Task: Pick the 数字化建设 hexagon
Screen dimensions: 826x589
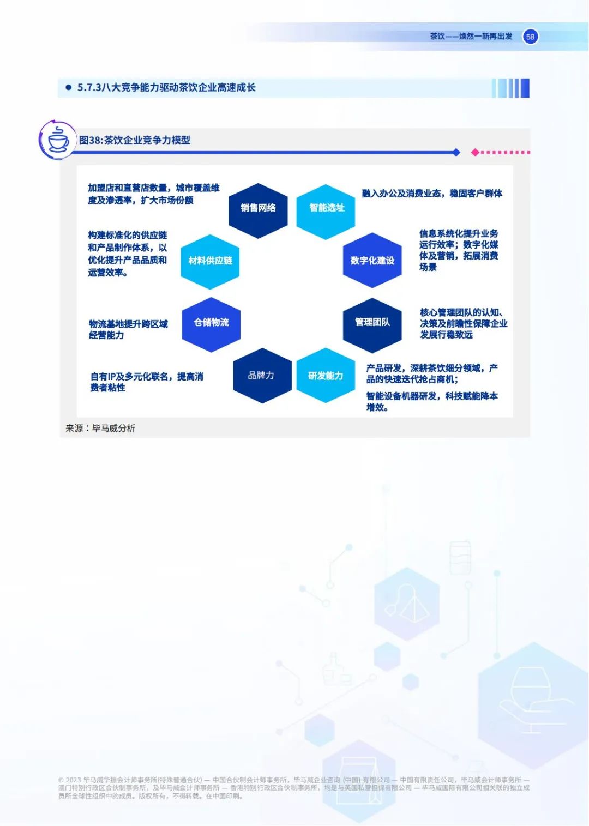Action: coord(372,261)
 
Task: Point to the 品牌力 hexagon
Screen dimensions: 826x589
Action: coord(262,376)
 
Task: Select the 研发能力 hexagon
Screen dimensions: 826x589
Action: coord(326,376)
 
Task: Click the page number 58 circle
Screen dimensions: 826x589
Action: coord(530,37)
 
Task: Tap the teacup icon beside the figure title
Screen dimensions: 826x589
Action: coord(58,140)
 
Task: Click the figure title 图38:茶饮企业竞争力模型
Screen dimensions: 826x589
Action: coord(135,140)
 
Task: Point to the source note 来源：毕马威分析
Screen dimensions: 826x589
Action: coord(100,429)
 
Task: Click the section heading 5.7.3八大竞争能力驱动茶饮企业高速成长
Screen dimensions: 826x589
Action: coord(166,87)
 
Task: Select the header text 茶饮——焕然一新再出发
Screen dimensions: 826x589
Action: coord(471,37)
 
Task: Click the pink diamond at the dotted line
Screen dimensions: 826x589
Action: coord(475,153)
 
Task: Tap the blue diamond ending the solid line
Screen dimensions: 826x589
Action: coord(456,153)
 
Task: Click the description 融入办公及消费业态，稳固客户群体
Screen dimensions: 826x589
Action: coord(432,194)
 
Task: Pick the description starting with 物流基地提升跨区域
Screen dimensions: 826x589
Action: coord(128,329)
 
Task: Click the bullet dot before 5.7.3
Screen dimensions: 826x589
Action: coord(69,87)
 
